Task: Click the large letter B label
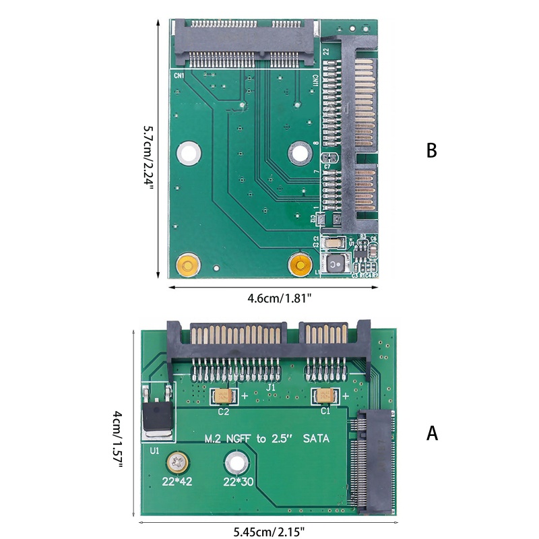(432, 150)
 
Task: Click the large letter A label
(432, 433)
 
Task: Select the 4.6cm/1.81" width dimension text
(273, 298)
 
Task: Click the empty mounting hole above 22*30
(235, 463)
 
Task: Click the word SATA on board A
(317, 439)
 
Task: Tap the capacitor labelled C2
(223, 395)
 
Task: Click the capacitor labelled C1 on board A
(320, 395)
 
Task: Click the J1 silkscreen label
(271, 389)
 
